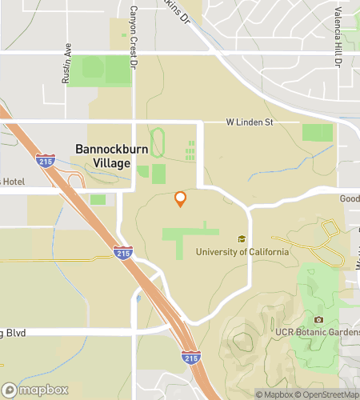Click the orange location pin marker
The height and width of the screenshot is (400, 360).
tap(180, 198)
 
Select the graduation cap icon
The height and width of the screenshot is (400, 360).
tap(241, 238)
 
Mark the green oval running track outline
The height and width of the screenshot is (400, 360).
tap(158, 142)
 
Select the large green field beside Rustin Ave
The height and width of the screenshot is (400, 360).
tap(99, 70)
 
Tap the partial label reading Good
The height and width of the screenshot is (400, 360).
tap(350, 198)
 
